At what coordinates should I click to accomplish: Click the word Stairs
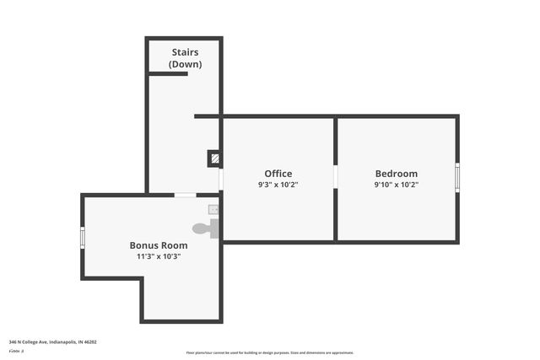click(184, 52)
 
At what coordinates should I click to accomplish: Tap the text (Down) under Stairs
click(185, 64)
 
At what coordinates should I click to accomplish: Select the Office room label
click(278, 174)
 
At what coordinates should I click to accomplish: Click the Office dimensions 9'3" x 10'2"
click(278, 185)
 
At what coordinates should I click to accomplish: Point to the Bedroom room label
click(397, 174)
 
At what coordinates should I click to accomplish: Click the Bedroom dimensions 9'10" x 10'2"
click(397, 185)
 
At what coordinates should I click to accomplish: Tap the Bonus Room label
click(159, 245)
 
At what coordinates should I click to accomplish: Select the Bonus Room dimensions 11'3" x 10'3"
click(159, 256)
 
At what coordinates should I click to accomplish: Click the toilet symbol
click(203, 228)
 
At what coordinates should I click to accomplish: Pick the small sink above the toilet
click(213, 209)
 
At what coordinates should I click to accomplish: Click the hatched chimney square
click(215, 158)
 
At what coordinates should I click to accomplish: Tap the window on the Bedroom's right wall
click(457, 177)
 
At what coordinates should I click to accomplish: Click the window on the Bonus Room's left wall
click(83, 238)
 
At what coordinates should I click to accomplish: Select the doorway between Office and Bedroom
click(335, 177)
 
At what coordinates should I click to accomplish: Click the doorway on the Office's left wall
click(221, 179)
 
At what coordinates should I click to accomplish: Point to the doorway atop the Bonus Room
click(185, 196)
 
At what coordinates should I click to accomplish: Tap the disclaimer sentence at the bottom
click(269, 352)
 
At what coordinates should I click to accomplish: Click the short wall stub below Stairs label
click(168, 74)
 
